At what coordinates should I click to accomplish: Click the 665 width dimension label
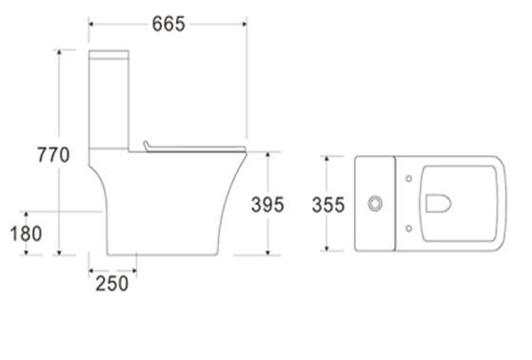coord(168,24)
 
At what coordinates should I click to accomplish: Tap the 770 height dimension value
coord(53,155)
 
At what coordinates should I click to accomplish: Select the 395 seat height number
coord(267,205)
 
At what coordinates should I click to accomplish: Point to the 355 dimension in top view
coord(328,205)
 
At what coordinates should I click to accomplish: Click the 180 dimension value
coord(26,233)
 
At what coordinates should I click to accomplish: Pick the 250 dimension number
coord(112,284)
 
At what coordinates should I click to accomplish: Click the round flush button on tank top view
coord(375,204)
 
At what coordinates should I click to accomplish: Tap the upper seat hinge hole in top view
coord(409,179)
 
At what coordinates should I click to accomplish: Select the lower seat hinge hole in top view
coord(409,229)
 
